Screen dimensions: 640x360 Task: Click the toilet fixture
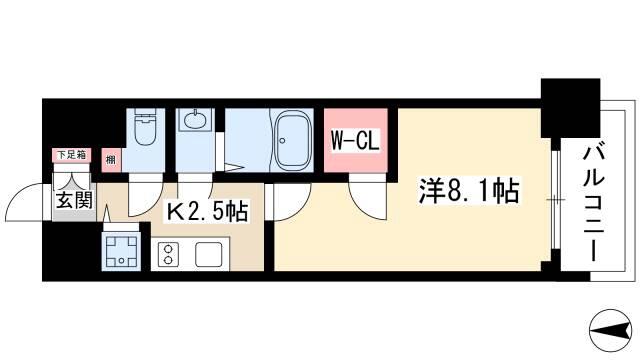tap(145, 127)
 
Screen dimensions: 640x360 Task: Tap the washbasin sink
tap(196, 119)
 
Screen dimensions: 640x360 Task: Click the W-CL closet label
tap(355, 140)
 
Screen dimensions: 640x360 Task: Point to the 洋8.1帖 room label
tap(469, 191)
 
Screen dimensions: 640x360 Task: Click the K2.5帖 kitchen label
tap(205, 211)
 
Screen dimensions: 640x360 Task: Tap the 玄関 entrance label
tap(74, 200)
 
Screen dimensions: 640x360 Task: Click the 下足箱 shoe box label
tap(71, 155)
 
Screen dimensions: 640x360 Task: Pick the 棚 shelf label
tap(110, 159)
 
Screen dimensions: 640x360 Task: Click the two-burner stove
tap(167, 253)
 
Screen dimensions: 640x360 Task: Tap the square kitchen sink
tap(209, 254)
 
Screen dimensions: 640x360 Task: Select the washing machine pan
tap(121, 251)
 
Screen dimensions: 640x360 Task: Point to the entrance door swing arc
tap(20, 193)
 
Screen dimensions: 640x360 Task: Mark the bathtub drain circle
tap(282, 140)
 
